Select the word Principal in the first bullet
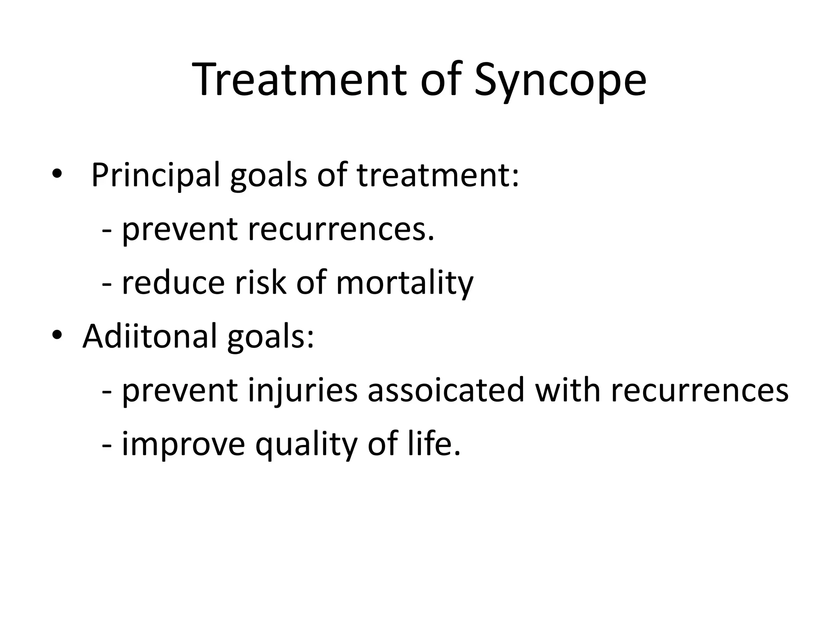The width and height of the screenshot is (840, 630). click(155, 176)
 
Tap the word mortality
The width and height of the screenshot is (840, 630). click(404, 284)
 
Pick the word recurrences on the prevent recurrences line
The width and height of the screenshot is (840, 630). click(340, 230)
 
